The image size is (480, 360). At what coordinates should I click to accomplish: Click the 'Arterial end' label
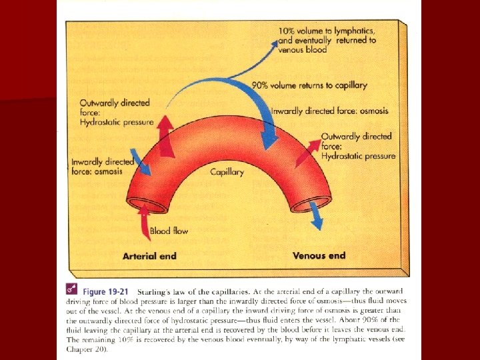coord(149,256)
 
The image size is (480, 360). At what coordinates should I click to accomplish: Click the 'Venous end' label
coord(319,255)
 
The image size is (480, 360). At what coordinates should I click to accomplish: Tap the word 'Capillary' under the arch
coord(227,173)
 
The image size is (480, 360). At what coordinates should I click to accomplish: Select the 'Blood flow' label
coord(169,231)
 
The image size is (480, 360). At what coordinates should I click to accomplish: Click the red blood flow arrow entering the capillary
coord(145,221)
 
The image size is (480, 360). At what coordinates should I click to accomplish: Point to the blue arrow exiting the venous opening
coord(316,215)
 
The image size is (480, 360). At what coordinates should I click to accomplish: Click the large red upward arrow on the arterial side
coord(165,137)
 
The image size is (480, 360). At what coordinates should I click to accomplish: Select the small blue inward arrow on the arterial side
coord(141,162)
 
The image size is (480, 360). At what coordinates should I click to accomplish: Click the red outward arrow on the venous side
coord(307,153)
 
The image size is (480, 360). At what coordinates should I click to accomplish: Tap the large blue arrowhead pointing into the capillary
coord(269,139)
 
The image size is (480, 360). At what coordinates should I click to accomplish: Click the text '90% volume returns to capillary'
coord(309,85)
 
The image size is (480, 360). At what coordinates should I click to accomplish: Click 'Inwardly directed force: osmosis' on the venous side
coord(330,111)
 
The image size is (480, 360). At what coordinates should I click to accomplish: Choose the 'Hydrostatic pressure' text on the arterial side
coord(117,123)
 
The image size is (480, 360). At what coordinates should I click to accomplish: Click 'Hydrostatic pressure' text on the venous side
coord(358,156)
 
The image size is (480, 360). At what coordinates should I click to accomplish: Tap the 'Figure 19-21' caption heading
coord(105,292)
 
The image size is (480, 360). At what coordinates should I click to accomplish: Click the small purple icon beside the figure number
coord(71,289)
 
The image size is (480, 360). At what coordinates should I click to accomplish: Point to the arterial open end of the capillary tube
coord(147,205)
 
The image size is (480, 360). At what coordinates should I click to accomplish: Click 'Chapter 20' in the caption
coord(86,349)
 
